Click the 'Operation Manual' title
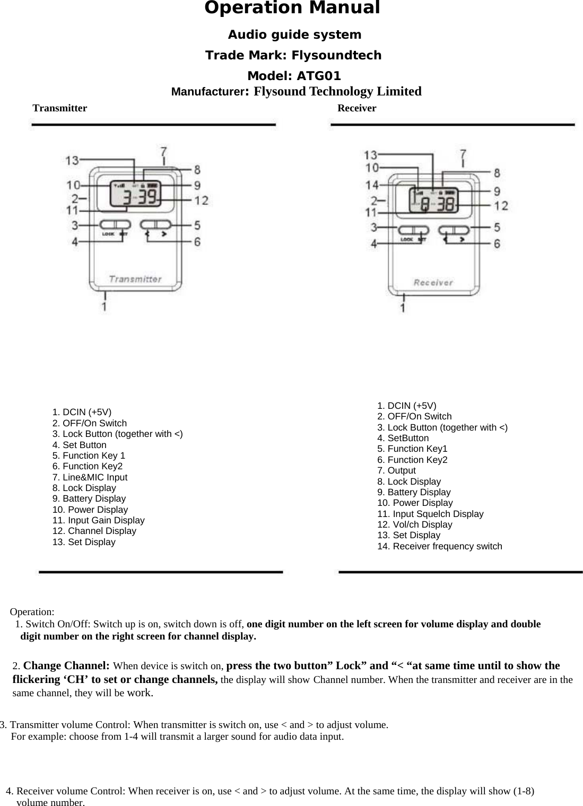tap(292, 9)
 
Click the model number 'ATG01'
tap(318, 76)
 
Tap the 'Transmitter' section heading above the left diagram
tap(60, 109)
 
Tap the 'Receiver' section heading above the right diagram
tap(356, 109)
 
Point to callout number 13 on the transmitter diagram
tap(72, 160)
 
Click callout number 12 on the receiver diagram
tap(501, 205)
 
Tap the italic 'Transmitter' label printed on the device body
tap(135, 279)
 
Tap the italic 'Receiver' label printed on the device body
tap(433, 283)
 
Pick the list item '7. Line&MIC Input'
tap(90, 477)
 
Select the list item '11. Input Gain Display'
tap(98, 520)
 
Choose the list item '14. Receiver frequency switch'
tap(439, 546)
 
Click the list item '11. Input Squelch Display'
tap(430, 514)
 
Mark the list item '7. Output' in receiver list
tap(396, 470)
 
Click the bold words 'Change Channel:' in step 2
tap(66, 665)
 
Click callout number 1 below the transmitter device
tap(105, 306)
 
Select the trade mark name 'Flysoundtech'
tap(336, 56)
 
